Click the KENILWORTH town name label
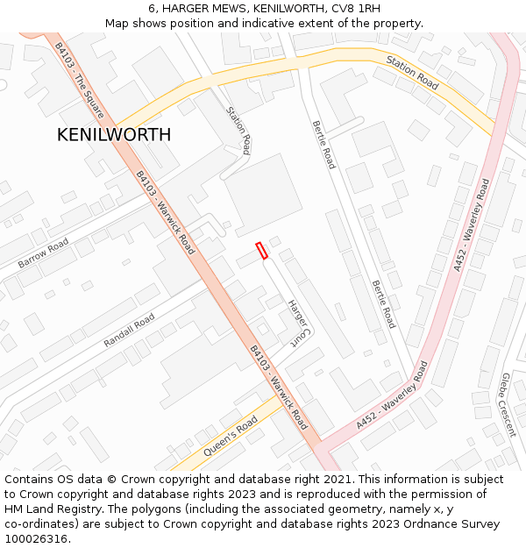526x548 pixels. (114, 135)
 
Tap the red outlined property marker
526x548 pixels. (261, 251)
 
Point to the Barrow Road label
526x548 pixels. (43, 253)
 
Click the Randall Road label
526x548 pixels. (129, 330)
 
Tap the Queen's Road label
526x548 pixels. (230, 436)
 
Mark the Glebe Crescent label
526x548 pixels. (506, 404)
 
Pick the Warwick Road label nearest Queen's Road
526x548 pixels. (278, 382)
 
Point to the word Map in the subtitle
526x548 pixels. (117, 23)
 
